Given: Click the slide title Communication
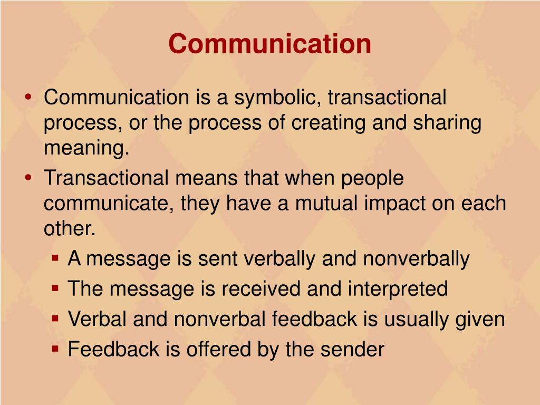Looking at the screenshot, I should [269, 44].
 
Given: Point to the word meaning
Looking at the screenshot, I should [86, 149].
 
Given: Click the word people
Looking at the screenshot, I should [372, 178].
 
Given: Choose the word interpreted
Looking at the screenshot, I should [398, 289].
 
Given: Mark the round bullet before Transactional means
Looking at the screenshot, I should [28, 178].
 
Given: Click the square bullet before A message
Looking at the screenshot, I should [55, 259].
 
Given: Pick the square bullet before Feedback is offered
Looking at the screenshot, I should [55, 350].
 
